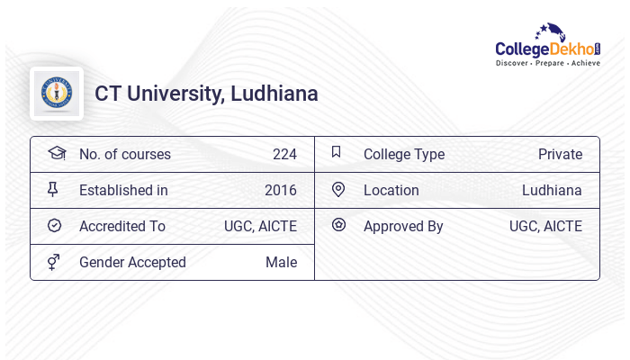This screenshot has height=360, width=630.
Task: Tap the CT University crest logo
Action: click(x=57, y=93)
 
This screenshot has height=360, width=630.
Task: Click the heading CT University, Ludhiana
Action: click(x=206, y=94)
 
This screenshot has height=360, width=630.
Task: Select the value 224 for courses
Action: click(x=284, y=154)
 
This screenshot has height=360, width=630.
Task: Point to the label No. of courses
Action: click(x=125, y=154)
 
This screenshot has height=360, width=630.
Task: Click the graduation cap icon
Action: click(x=56, y=153)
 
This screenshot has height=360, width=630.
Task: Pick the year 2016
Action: click(x=281, y=190)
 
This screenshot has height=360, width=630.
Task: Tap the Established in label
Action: click(x=123, y=190)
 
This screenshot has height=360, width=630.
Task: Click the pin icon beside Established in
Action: click(x=54, y=189)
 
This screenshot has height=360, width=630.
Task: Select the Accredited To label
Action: click(x=122, y=226)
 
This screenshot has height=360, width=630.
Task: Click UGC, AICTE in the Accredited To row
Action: click(x=260, y=226)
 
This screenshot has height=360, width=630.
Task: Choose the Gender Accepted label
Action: click(x=132, y=262)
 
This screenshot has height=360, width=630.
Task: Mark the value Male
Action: click(x=281, y=262)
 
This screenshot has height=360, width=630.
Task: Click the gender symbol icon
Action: click(x=54, y=262)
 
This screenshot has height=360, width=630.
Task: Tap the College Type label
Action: click(x=404, y=154)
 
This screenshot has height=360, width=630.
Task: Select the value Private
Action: click(x=560, y=154)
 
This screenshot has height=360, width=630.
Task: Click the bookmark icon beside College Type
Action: click(x=337, y=152)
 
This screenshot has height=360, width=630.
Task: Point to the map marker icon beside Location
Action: click(x=338, y=189)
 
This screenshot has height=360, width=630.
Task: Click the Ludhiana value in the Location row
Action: click(x=552, y=190)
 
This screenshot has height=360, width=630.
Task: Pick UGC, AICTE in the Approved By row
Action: click(x=545, y=226)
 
